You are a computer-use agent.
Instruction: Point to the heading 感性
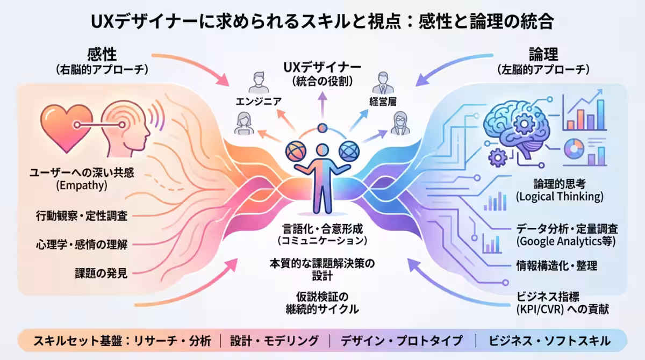[102, 54]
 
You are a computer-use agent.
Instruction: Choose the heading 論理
[543, 54]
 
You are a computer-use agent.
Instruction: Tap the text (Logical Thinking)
[560, 197]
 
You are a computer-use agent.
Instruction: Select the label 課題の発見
[101, 273]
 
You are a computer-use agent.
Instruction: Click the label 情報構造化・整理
[556, 265]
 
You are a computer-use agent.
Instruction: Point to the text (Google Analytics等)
[565, 241]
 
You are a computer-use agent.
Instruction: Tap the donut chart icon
[574, 149]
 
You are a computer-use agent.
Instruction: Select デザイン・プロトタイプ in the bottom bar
[402, 341]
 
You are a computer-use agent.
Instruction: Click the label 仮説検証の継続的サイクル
[322, 303]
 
